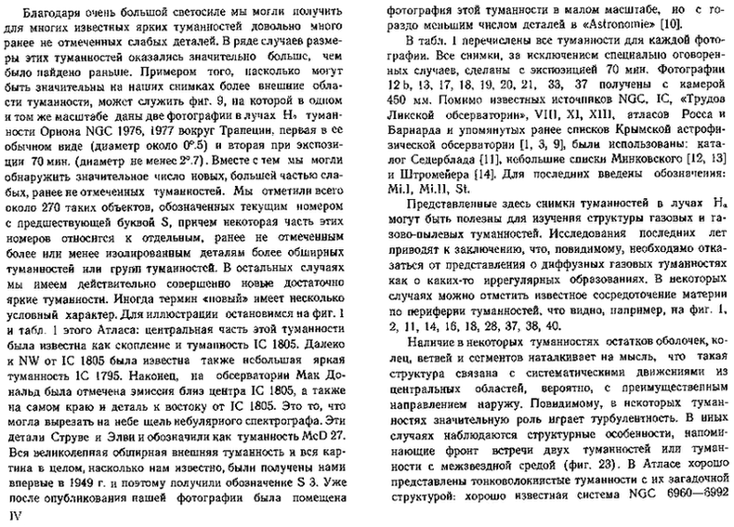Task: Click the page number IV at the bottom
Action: (13, 513)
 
